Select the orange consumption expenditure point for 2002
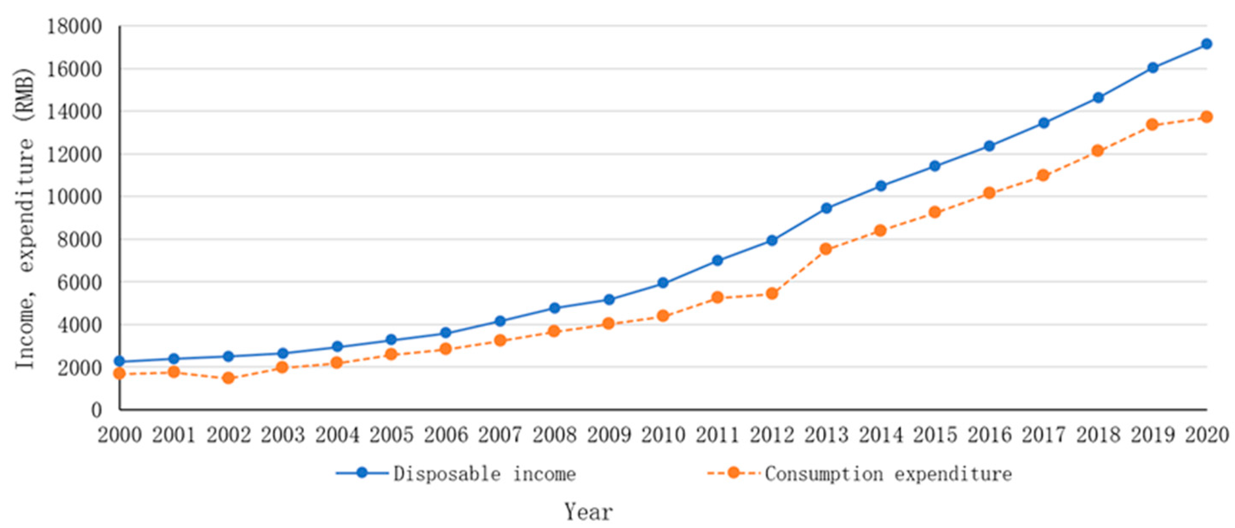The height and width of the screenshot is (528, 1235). click(x=228, y=378)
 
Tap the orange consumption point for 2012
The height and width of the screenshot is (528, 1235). click(x=772, y=293)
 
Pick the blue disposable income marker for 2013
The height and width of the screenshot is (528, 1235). click(x=826, y=208)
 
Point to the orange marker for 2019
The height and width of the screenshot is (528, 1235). click(x=1152, y=125)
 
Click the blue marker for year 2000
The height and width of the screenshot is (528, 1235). click(x=120, y=361)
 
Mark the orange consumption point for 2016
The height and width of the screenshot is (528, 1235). click(x=989, y=193)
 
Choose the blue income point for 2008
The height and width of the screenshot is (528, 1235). click(x=555, y=308)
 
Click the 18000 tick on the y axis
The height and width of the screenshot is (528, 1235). click(x=74, y=27)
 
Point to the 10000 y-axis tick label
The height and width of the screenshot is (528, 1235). click(x=74, y=197)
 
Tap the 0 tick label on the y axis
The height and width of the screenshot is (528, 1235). click(x=97, y=410)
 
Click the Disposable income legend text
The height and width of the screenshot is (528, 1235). click(x=484, y=474)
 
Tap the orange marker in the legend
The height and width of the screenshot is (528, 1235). click(x=733, y=473)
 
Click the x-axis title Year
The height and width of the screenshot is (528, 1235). click(x=588, y=512)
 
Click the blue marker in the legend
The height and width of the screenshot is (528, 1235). click(x=362, y=473)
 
